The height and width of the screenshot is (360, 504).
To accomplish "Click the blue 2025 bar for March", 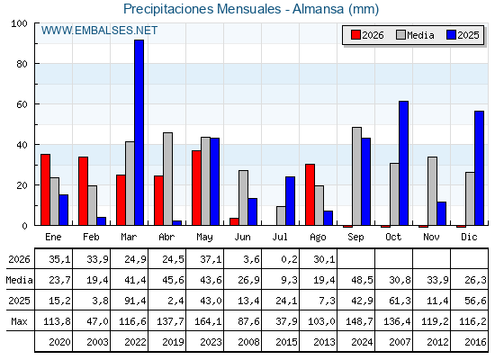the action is [139, 132].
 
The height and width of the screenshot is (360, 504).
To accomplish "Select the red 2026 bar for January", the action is [45, 190].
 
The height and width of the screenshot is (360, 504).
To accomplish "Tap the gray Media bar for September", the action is [356, 176].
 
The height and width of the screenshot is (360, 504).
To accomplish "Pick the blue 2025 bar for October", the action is [404, 163].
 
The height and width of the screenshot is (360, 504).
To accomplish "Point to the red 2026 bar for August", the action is [310, 194].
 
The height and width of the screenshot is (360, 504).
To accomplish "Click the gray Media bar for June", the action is [243, 198].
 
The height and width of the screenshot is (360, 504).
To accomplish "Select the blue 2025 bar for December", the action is [479, 168].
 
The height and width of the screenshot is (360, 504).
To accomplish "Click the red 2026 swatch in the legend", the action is [355, 35].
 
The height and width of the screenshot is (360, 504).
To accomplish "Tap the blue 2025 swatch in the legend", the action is [451, 35].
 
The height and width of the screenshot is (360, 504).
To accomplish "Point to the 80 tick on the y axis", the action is [22, 64].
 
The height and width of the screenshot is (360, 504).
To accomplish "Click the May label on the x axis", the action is [204, 238].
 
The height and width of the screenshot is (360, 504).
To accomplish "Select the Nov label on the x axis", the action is [431, 238].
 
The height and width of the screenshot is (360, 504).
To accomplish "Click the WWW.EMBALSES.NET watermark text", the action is [99, 31].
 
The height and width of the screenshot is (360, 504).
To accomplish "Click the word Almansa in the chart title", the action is [319, 9].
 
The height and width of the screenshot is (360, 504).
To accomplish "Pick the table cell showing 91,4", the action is [135, 301].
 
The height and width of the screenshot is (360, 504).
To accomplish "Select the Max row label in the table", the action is [19, 321].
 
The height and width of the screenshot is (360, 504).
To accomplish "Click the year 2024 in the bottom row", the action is [362, 342].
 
